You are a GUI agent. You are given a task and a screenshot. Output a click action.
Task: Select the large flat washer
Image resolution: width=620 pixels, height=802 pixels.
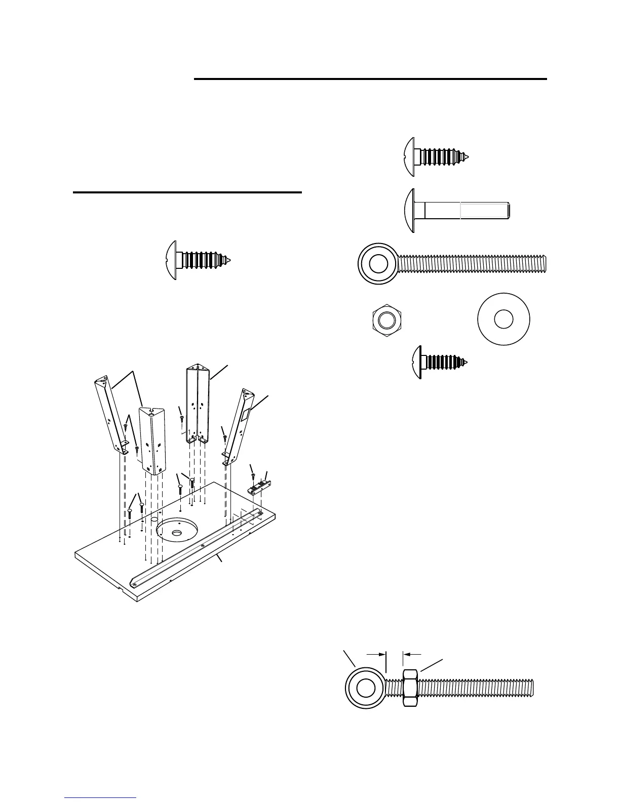503,320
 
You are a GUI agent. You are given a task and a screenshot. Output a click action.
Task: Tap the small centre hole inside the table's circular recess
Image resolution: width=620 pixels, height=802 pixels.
177,533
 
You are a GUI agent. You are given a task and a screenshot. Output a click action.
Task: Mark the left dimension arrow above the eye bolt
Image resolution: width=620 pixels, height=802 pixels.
376,654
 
